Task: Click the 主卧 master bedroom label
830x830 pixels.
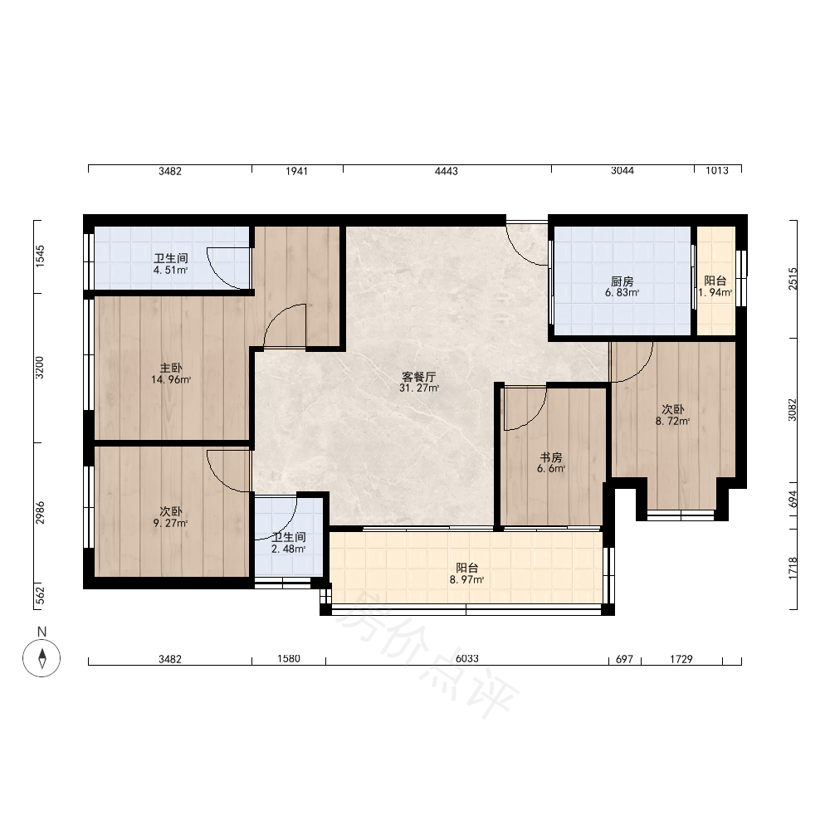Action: (171, 368)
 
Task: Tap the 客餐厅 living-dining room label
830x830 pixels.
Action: (418, 377)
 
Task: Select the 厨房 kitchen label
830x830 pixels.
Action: (622, 281)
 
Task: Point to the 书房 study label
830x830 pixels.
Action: (551, 456)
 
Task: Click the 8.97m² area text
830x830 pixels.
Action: (466, 579)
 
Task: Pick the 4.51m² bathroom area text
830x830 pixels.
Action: (170, 270)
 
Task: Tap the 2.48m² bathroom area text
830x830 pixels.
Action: (289, 549)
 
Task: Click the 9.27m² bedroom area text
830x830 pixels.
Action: (170, 524)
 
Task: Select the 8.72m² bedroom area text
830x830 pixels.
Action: (673, 422)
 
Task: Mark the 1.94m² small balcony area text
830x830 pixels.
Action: (715, 293)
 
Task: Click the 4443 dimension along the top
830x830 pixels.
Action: (447, 171)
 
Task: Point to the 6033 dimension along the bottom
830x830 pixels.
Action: (466, 658)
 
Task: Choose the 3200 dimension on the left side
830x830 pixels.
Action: (40, 368)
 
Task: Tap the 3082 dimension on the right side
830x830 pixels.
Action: (792, 410)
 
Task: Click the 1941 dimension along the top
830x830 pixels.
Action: (296, 171)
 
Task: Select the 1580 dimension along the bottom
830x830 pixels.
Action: (289, 658)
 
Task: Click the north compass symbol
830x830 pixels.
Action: (41, 658)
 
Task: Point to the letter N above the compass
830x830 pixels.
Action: (41, 632)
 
